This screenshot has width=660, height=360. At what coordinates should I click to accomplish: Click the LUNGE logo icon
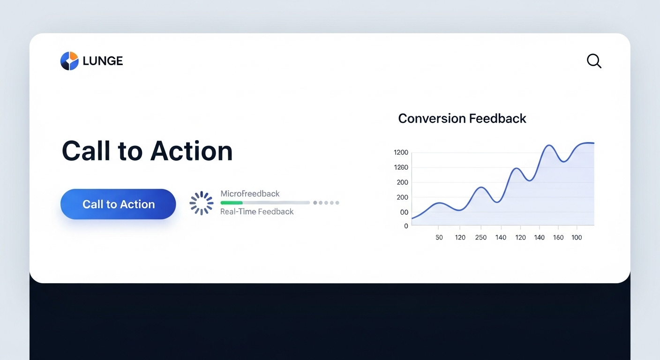point(69,61)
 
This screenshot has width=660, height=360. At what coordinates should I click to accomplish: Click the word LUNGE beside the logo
point(103,61)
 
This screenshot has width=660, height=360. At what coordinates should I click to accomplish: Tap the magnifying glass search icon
point(594,61)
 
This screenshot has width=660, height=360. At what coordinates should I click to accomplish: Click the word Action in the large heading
point(192,151)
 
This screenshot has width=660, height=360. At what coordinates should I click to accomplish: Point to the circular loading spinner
point(202,203)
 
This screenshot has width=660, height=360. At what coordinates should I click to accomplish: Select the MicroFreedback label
point(250,194)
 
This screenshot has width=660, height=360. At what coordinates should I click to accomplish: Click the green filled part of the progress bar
point(232,202)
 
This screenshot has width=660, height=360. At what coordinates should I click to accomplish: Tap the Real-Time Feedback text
point(257,211)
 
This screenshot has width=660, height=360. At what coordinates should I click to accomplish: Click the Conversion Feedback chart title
point(462,119)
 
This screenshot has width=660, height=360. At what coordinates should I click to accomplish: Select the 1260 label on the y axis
point(401,167)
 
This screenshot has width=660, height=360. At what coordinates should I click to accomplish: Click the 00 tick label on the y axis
point(404,212)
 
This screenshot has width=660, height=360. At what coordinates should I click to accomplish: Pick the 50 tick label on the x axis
point(439,238)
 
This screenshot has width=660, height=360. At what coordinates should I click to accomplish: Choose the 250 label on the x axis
point(481,238)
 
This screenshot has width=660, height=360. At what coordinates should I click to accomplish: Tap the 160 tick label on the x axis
point(558,238)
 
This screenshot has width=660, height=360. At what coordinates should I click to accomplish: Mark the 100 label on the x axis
point(577,238)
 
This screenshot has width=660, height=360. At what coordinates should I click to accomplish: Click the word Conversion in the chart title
point(432,119)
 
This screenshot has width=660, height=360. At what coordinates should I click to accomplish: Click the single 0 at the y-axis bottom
point(406,226)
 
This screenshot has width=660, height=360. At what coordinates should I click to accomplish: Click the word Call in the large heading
point(86,151)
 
